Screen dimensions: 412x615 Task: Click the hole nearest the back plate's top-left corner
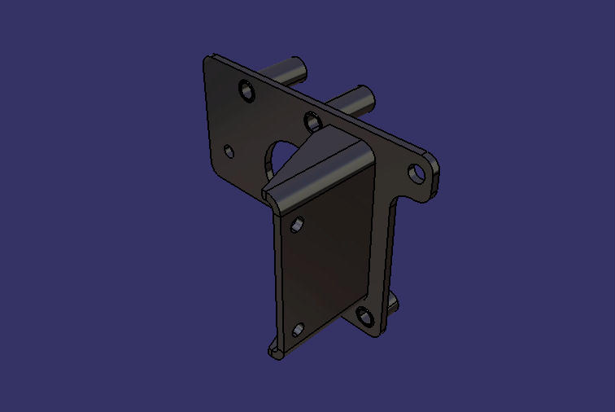click(x=246, y=89)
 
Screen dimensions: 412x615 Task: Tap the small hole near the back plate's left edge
click(x=229, y=151)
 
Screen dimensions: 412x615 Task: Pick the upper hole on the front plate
click(x=298, y=223)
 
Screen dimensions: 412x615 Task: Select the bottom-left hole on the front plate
click(x=298, y=331)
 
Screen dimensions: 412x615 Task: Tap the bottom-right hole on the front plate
click(x=363, y=316)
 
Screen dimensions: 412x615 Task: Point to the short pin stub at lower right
click(x=392, y=305)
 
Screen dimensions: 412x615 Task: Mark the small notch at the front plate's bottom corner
click(x=274, y=353)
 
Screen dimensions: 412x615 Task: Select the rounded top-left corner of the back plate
click(x=207, y=61)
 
